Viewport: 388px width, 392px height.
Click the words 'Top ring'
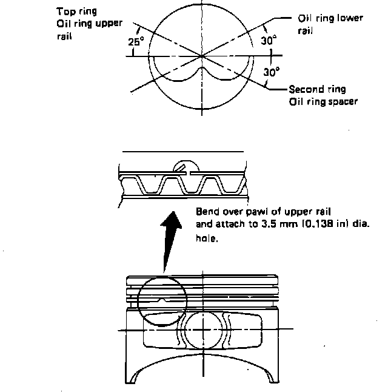pyautogui.click(x=76, y=12)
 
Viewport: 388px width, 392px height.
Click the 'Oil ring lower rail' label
pyautogui.click(x=330, y=23)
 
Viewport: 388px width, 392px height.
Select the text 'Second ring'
pyautogui.click(x=317, y=89)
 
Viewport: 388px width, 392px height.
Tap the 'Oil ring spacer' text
pyautogui.click(x=323, y=101)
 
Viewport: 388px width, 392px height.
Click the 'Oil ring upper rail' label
pyautogui.click(x=89, y=29)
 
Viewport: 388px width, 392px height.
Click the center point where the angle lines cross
pyautogui.click(x=202, y=56)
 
